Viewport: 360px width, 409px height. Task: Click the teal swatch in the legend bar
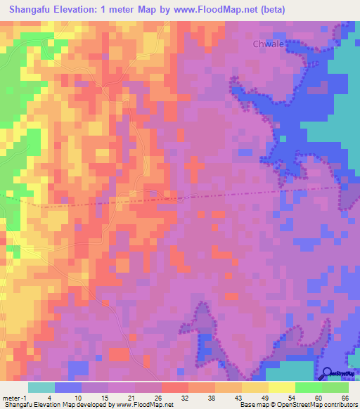pos(41,387)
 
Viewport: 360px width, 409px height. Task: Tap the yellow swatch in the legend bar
pos(255,387)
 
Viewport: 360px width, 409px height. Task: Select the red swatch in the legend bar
pos(175,387)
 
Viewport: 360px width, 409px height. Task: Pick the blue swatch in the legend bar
pos(68,387)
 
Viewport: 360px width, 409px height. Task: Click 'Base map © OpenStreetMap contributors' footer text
pos(297,405)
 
